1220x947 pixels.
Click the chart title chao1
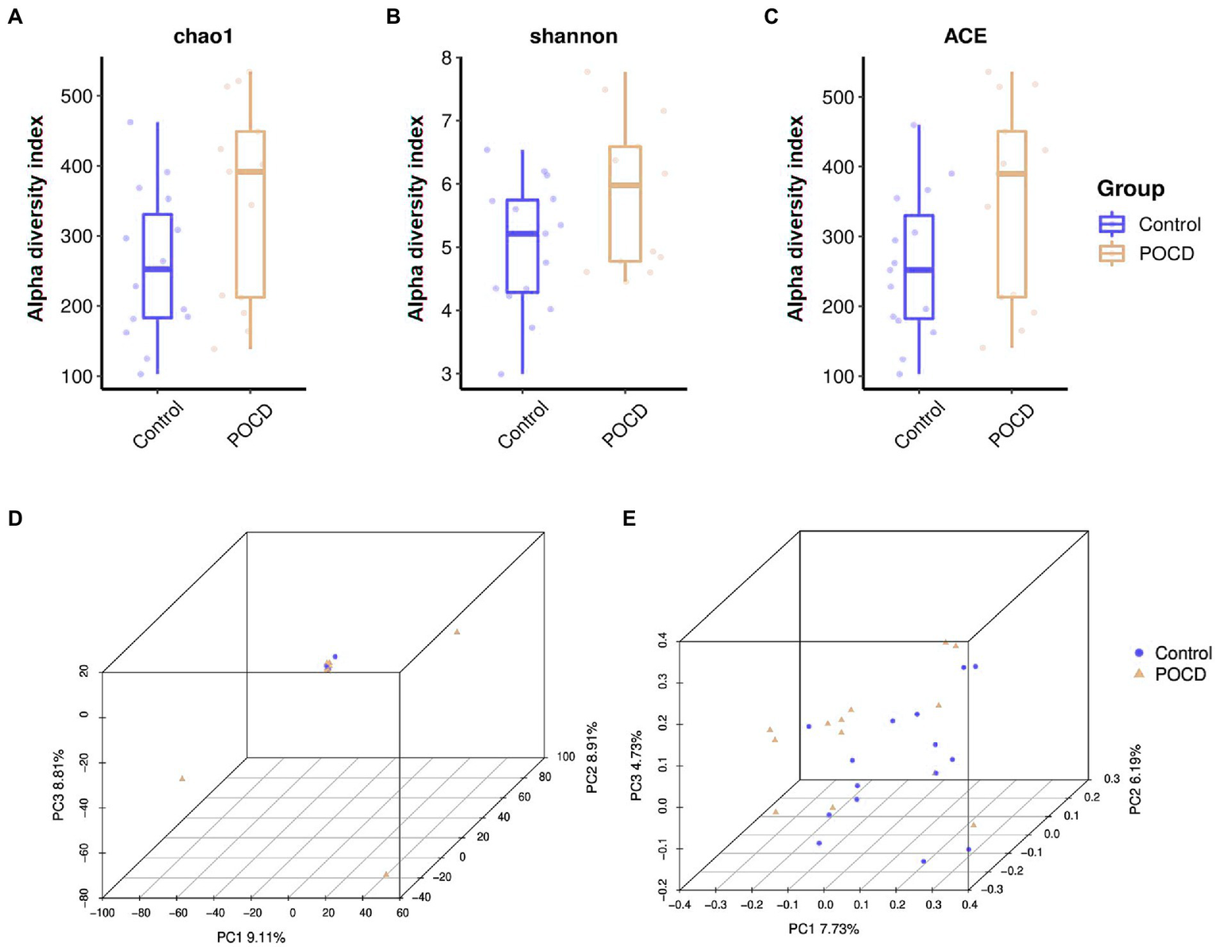point(203,37)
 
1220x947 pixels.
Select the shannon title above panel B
point(573,37)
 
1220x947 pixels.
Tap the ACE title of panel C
point(965,37)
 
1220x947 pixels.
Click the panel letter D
point(14,519)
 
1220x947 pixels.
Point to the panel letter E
point(629,519)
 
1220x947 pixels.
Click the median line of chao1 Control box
point(157,269)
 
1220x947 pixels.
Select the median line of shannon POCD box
point(625,185)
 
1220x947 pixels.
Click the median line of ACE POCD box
point(1012,173)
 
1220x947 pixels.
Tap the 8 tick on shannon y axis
point(447,58)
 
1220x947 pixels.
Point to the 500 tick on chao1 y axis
point(76,96)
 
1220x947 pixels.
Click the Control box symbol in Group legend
point(1111,224)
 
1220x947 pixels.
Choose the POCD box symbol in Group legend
point(1111,253)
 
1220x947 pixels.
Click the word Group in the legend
point(1130,189)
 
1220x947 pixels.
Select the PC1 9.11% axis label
point(251,937)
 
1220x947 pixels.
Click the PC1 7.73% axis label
point(823,929)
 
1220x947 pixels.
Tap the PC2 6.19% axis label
point(1135,779)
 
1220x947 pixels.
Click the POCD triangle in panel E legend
point(1139,674)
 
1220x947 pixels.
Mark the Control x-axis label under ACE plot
point(920,424)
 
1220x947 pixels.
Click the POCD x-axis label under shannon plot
point(625,425)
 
